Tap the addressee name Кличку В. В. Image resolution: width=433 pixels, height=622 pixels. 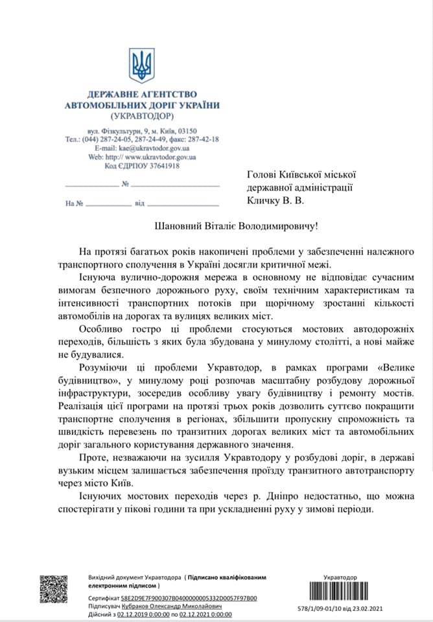point(275,201)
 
